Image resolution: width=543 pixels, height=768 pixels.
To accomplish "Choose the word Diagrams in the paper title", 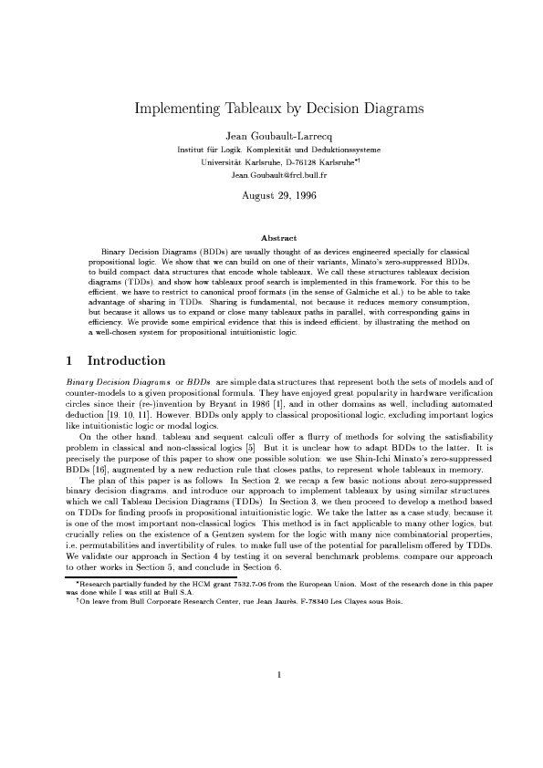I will [387, 109].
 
